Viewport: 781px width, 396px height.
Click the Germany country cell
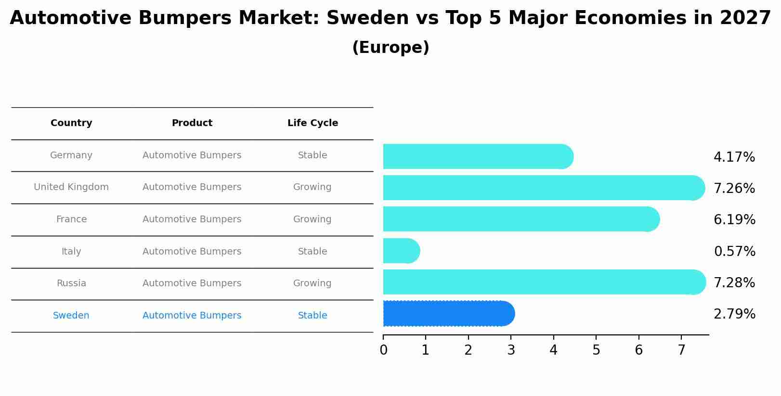[x=71, y=155]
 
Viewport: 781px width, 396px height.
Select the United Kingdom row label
[x=71, y=187]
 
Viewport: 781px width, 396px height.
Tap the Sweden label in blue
[x=71, y=316]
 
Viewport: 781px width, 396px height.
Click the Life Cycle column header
[x=312, y=123]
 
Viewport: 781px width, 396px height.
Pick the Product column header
[x=192, y=123]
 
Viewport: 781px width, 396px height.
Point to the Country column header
[x=71, y=123]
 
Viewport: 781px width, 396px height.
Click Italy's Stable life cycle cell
[x=312, y=252]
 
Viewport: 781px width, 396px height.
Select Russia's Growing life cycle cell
[x=312, y=283]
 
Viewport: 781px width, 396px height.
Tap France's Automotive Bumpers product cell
[x=192, y=219]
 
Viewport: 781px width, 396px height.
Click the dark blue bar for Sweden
[x=448, y=314]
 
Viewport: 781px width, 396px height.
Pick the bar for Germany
[x=477, y=156]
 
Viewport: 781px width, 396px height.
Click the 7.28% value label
[x=734, y=283]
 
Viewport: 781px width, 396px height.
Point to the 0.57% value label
[x=734, y=252]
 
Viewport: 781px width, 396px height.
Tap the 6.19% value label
[x=734, y=220]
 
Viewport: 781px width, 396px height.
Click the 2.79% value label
[x=734, y=314]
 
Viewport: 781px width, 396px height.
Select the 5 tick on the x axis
[x=596, y=350]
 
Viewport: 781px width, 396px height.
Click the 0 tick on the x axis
[x=383, y=350]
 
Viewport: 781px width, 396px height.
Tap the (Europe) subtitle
[x=390, y=48]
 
